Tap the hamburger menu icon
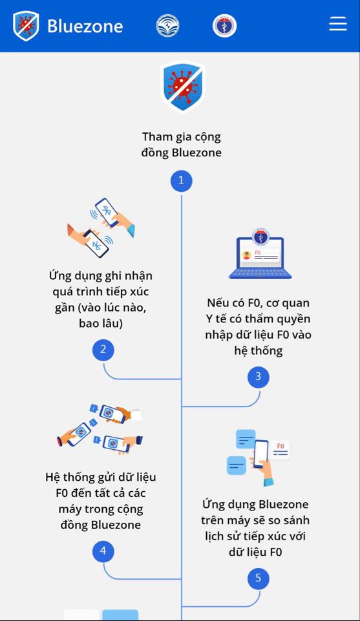[338, 24]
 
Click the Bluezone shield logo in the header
[26, 26]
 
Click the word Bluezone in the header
[85, 26]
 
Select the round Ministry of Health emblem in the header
[224, 26]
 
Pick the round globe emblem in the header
[167, 26]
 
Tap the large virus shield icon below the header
[182, 87]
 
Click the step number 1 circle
[182, 180]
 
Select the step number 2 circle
[103, 350]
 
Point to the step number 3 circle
[259, 377]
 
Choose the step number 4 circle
[103, 551]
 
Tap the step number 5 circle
[259, 578]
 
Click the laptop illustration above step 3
[260, 253]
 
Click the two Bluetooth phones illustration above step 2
[101, 227]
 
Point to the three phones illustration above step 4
[100, 430]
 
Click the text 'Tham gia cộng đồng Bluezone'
[182, 145]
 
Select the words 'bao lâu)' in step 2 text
[101, 324]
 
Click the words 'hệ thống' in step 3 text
[259, 351]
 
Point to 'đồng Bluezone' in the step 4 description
[101, 525]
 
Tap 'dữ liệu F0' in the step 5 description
[255, 552]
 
